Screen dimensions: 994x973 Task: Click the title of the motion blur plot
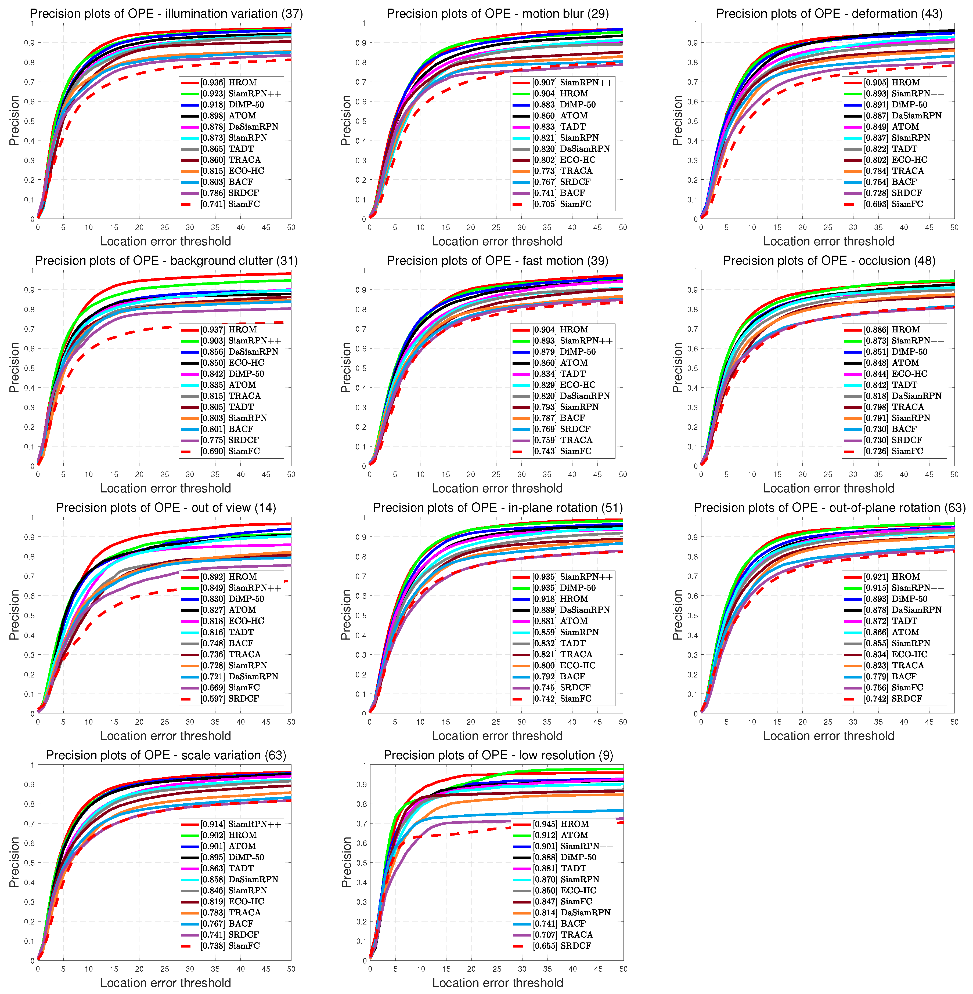pos(497,14)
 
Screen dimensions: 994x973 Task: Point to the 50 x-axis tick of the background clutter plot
pos(291,474)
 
